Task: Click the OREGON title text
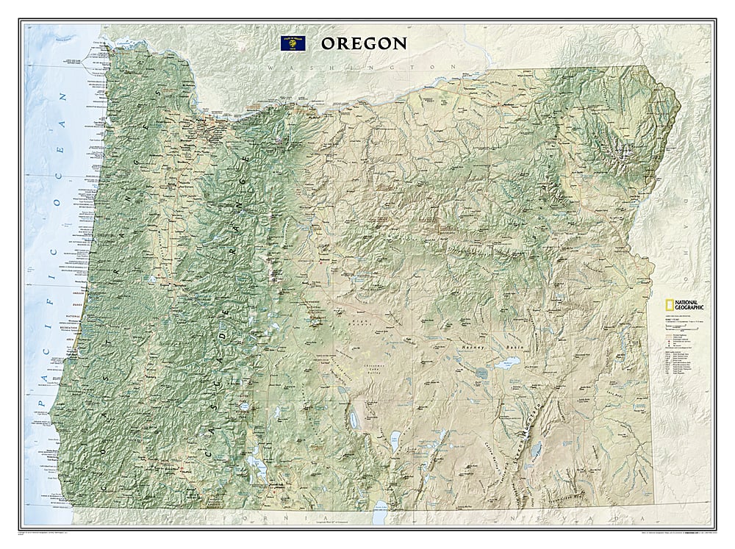point(362,43)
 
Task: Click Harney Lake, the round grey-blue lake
point(481,373)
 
